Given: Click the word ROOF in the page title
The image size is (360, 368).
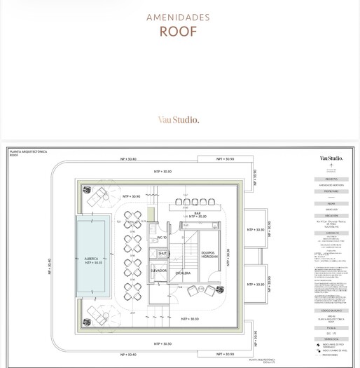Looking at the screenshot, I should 178,32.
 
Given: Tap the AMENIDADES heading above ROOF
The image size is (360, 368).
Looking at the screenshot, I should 178,17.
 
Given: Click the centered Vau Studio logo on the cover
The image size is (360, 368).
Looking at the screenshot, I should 178,120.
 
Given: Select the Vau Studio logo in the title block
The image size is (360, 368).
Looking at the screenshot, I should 331,158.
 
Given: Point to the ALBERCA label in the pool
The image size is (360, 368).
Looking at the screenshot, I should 93,259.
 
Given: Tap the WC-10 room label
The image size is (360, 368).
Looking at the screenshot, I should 161,238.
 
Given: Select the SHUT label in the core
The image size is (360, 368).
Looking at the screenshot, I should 162,254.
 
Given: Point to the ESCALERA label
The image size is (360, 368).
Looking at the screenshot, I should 183,273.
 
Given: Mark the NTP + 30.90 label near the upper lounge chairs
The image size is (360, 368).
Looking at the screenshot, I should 132,197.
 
